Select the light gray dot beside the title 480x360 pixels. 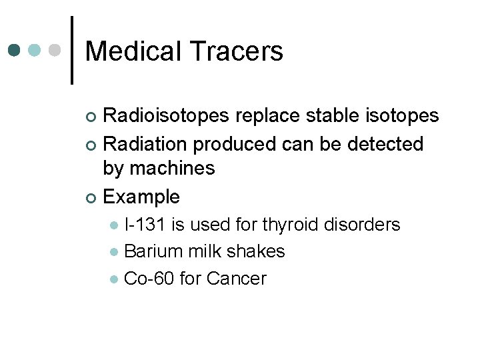click(55, 51)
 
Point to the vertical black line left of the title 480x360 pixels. click(72, 51)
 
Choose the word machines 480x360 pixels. click(173, 169)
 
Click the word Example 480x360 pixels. click(142, 197)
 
